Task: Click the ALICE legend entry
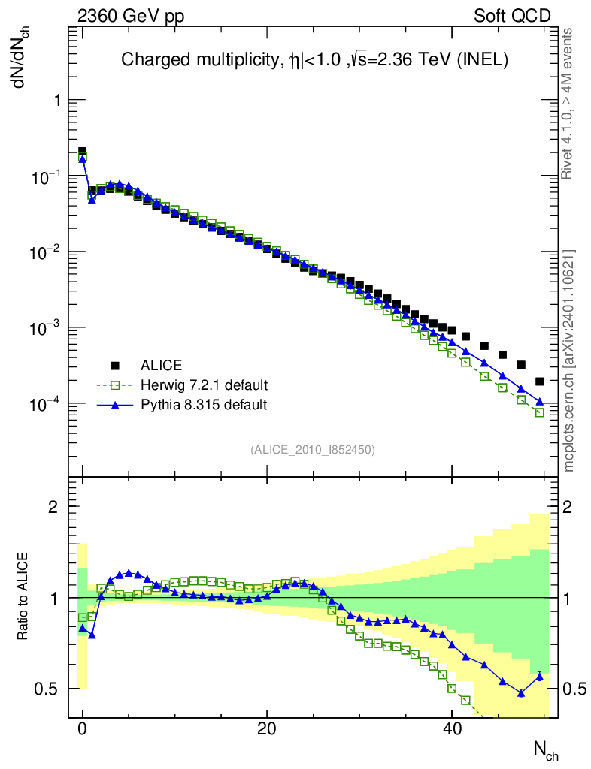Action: (x=161, y=366)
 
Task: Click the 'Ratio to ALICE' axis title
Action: (x=23, y=597)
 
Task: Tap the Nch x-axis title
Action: (x=546, y=749)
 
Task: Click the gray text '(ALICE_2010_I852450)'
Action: (x=313, y=449)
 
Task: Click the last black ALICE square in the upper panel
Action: (x=539, y=381)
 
